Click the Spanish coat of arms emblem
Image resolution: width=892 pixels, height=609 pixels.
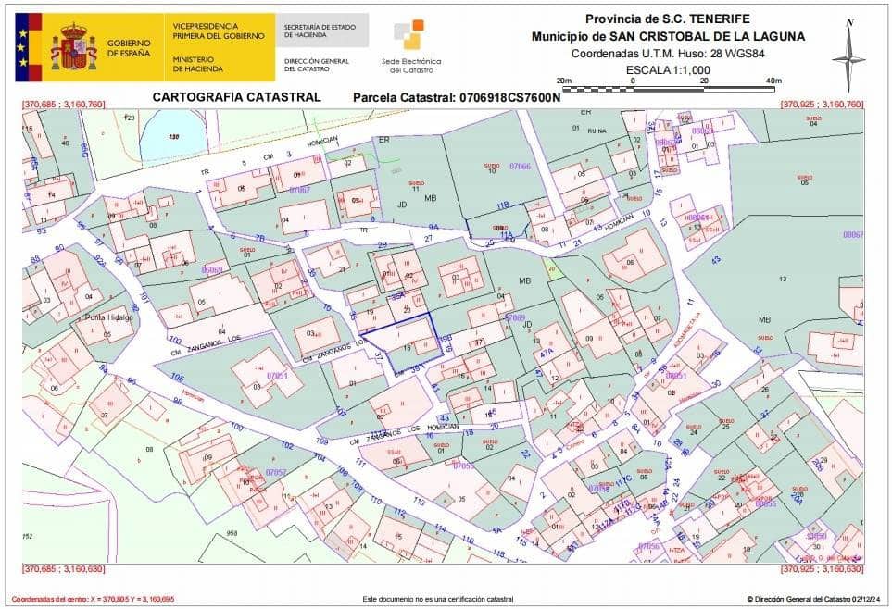(73, 46)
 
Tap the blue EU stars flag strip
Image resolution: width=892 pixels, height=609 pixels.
(21, 46)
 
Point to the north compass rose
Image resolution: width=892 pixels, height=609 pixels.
(848, 56)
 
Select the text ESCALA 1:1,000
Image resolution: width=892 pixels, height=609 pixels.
(667, 69)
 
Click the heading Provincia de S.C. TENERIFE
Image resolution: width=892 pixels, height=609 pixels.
(667, 19)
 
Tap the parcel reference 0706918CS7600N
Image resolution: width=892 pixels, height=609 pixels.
(458, 97)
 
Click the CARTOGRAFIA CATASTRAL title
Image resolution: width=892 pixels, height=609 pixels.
(236, 96)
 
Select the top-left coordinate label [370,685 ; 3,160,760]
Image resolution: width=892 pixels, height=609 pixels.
(63, 105)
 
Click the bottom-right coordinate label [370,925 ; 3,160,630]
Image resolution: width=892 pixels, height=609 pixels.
(822, 569)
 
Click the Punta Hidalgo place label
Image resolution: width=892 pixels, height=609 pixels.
(109, 317)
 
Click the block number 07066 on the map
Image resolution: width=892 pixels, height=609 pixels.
(520, 166)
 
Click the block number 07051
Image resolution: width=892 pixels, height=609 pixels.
(277, 376)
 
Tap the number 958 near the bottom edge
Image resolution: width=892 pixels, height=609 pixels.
(232, 533)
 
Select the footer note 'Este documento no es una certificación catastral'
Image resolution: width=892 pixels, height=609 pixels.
(437, 600)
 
